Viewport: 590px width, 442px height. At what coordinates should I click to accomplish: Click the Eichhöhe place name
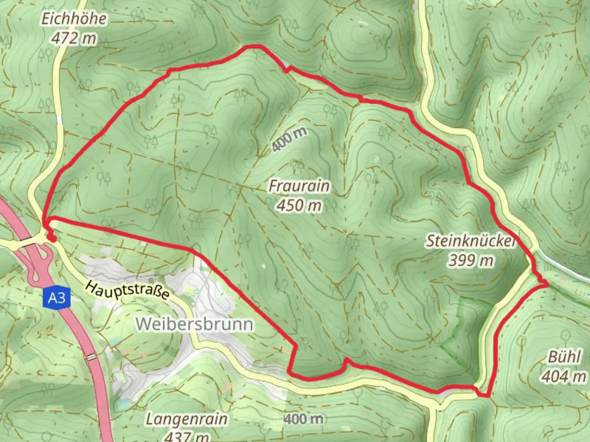[x=74, y=19]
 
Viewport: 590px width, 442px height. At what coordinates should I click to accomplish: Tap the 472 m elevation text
[x=74, y=38]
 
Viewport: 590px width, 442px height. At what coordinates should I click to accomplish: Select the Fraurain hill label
[x=299, y=186]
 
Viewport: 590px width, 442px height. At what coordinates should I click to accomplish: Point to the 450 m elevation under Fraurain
[x=299, y=205]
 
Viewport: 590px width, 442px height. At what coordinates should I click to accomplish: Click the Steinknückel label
[x=471, y=241]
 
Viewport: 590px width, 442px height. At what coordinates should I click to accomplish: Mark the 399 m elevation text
[x=471, y=260]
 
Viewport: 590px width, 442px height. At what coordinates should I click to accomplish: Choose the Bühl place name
[x=564, y=357]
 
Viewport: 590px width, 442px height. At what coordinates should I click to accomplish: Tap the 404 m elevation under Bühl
[x=564, y=376]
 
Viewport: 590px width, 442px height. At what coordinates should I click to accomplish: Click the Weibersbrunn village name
[x=195, y=324]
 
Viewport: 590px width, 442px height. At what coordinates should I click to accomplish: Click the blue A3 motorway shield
[x=57, y=298]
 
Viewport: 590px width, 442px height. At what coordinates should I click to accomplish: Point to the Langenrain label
[x=186, y=419]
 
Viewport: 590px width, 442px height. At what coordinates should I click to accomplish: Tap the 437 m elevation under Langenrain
[x=186, y=436]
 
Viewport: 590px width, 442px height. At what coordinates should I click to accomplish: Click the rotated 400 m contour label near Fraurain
[x=289, y=139]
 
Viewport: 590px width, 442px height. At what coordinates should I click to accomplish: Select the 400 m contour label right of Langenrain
[x=304, y=419]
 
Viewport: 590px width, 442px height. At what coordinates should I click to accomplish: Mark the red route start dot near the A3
[x=51, y=238]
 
